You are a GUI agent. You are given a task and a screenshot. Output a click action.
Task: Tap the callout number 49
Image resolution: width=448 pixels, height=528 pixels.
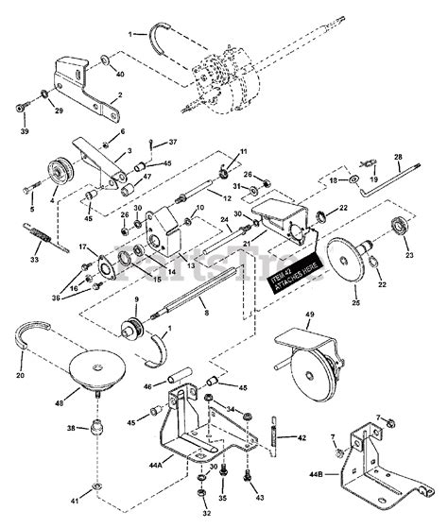(x=308, y=315)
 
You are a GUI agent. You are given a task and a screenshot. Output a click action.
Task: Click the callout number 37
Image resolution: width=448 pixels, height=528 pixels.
(x=173, y=143)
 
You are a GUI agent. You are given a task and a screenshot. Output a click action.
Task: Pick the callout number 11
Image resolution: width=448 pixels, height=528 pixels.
(x=244, y=151)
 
